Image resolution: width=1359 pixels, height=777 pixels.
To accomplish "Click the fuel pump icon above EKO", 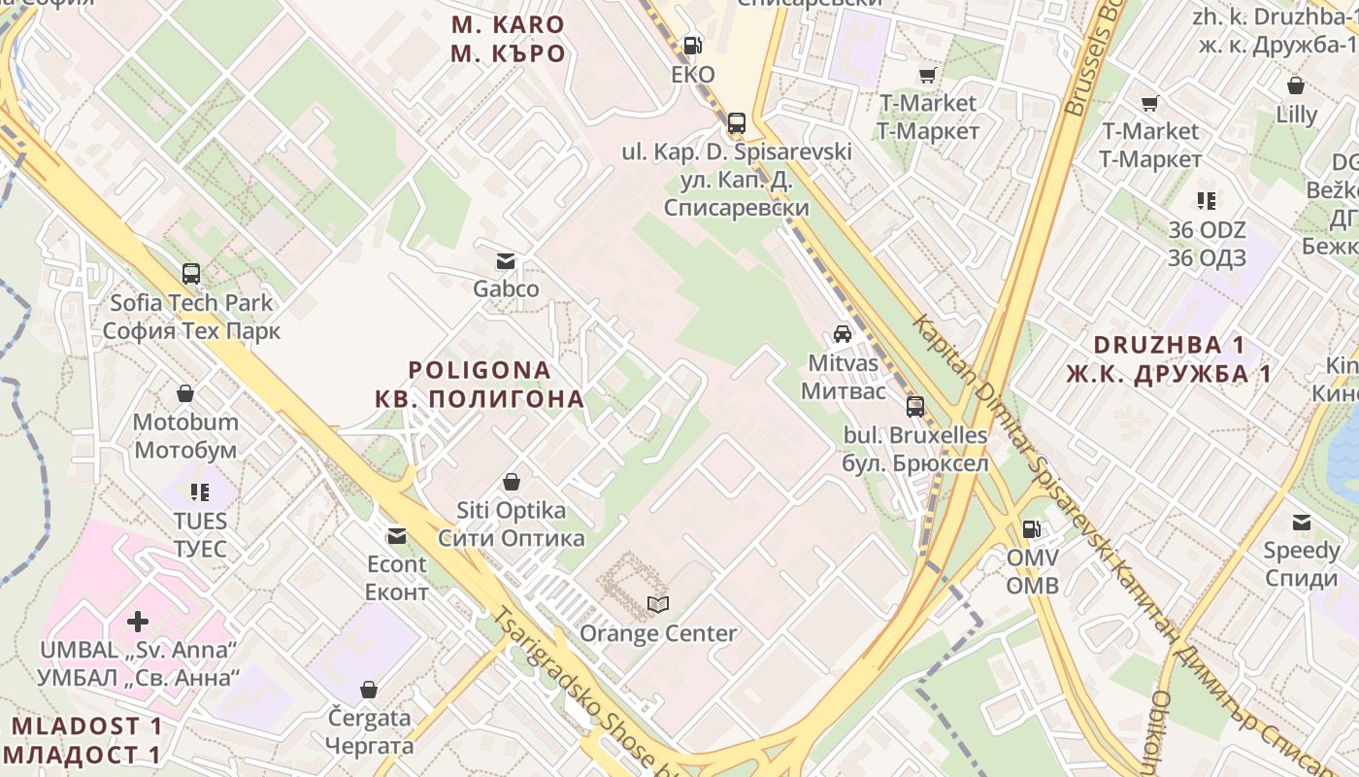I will pyautogui.click(x=693, y=45).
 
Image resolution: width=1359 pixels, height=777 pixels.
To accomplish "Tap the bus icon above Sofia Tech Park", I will pyautogui.click(x=191, y=274).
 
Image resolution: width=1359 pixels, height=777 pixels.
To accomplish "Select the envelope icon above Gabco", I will pyautogui.click(x=506, y=260).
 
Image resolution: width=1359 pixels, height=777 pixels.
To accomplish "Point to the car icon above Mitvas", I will pyautogui.click(x=843, y=334).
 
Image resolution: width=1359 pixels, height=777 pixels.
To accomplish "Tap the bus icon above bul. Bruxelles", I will pyautogui.click(x=915, y=406).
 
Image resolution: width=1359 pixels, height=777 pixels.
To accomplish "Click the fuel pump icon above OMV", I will pyautogui.click(x=1031, y=529).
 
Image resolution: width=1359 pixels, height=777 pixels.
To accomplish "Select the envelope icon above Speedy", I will pyautogui.click(x=1302, y=523).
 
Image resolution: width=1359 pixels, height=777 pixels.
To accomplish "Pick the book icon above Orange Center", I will pyautogui.click(x=658, y=605).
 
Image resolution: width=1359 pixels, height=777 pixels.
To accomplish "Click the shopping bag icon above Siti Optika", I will pyautogui.click(x=512, y=482).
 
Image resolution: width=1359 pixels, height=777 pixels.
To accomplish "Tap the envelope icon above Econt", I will pyautogui.click(x=396, y=535).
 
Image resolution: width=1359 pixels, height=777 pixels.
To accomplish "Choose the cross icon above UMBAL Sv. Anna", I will pyautogui.click(x=138, y=621).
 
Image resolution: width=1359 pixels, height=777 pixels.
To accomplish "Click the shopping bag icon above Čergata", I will pyautogui.click(x=369, y=690).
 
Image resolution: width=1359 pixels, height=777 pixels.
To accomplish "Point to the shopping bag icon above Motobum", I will pyautogui.click(x=185, y=393).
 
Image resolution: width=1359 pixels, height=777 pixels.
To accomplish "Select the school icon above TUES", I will pyautogui.click(x=200, y=492).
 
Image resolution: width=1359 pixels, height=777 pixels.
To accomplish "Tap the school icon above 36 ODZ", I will pyautogui.click(x=1207, y=201).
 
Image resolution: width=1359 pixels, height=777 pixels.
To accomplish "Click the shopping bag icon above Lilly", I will pyautogui.click(x=1296, y=85).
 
